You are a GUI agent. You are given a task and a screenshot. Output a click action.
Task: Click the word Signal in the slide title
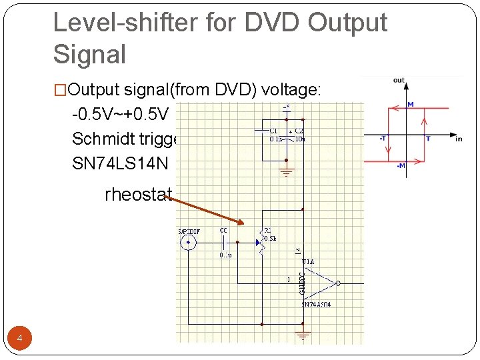tap(89, 55)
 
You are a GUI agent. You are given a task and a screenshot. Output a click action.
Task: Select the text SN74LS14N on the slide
tap(124, 163)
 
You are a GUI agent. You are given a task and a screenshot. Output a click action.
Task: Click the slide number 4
tap(20, 339)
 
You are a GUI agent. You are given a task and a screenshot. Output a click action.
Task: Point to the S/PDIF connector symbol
tap(189, 243)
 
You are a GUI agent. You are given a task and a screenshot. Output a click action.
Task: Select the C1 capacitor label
tap(273, 131)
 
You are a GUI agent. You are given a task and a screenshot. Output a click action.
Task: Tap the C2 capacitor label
tap(299, 131)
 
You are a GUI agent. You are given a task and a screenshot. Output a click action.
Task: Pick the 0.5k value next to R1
tap(269, 237)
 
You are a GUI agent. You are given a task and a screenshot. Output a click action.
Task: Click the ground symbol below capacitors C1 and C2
tap(287, 173)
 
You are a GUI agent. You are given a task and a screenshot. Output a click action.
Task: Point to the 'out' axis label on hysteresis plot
tap(399, 80)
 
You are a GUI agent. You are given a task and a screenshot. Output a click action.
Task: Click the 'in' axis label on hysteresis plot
tap(458, 139)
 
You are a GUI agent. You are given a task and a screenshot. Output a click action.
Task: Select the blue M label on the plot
tap(411, 104)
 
